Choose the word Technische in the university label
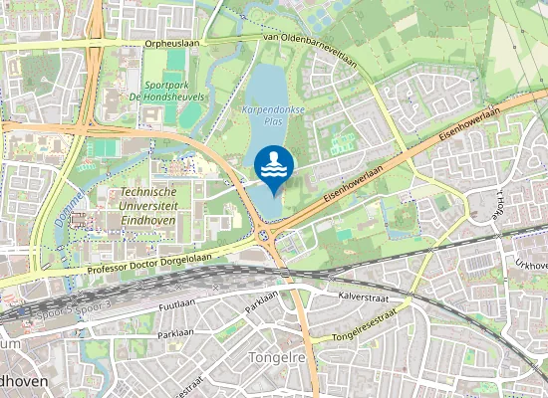[x=147, y=191]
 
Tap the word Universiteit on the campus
[x=147, y=205]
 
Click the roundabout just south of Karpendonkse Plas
[x=265, y=235]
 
